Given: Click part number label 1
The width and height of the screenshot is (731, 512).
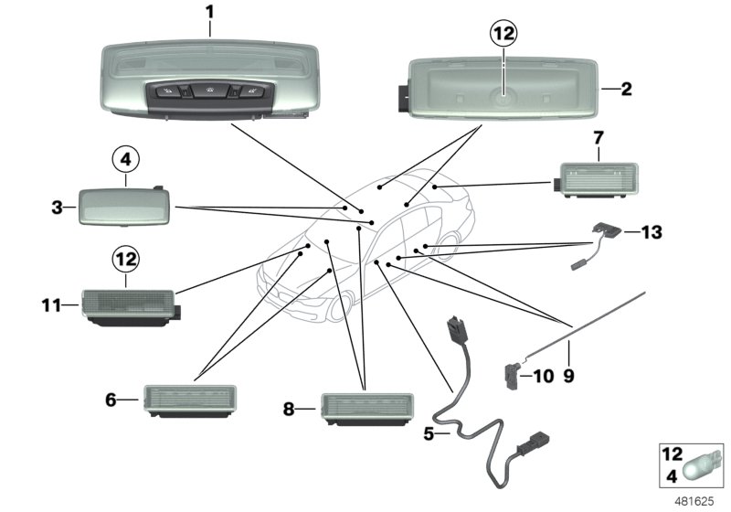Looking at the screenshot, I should [209, 15].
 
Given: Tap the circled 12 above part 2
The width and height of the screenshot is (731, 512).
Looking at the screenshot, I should [503, 34].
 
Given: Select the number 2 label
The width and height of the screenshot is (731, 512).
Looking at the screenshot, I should [626, 90].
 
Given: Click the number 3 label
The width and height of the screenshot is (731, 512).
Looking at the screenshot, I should [58, 208].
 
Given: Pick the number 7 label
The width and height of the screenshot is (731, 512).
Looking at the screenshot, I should [599, 139].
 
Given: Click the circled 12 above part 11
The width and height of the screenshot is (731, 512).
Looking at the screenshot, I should [127, 260].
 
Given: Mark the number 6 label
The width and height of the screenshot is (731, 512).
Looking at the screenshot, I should [111, 399].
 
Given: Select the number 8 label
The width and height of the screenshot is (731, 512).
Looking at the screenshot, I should [289, 411].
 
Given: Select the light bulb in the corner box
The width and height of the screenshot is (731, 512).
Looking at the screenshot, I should [704, 464].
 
